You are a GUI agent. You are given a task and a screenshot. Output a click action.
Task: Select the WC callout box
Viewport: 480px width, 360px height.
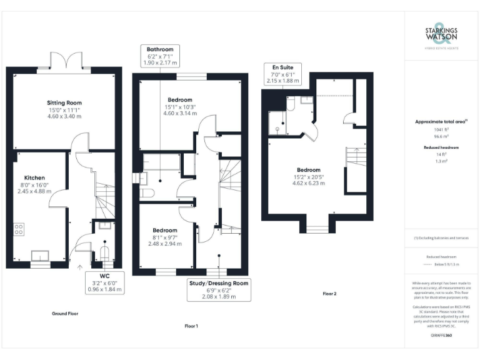pos(104,282)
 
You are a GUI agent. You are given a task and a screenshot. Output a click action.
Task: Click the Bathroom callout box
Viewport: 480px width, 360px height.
pos(160,56)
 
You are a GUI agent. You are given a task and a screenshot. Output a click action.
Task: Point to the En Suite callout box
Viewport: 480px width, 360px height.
pos(282,74)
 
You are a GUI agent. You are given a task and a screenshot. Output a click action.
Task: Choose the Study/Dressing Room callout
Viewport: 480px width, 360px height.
pos(218,289)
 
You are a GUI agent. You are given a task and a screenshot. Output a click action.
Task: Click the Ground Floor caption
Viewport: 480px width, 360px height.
pos(65,313)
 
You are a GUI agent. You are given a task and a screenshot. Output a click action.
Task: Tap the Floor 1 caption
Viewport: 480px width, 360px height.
pos(191,326)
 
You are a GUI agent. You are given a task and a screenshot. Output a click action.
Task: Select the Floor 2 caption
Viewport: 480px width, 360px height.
pos(329,294)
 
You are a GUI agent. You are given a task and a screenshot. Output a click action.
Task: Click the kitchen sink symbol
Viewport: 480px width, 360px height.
pos(41,254)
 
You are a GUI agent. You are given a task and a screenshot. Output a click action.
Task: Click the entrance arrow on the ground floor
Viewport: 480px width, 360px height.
pos(79,267)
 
